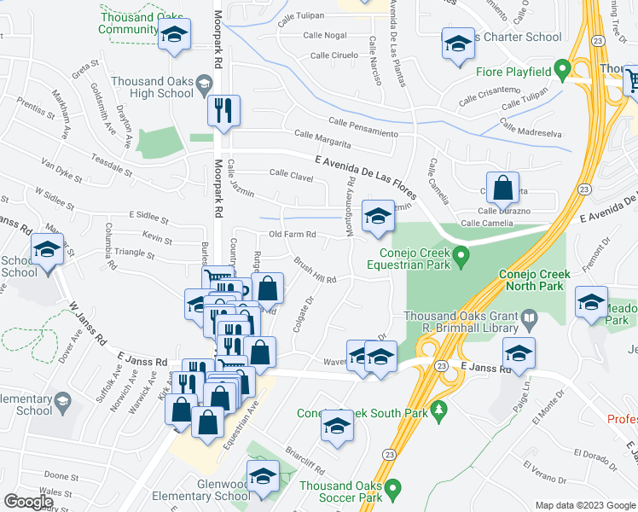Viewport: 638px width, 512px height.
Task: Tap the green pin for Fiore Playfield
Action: tap(561, 69)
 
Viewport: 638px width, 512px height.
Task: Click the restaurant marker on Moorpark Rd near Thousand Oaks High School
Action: tap(223, 110)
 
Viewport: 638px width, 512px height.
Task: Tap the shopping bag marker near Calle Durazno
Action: tap(502, 188)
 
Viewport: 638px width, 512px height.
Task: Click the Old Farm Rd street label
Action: tap(293, 235)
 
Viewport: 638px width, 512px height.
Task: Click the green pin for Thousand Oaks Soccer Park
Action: tap(393, 489)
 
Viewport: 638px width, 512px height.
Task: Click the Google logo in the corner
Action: tap(28, 502)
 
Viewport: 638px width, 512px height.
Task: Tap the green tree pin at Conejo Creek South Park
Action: tap(439, 411)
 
